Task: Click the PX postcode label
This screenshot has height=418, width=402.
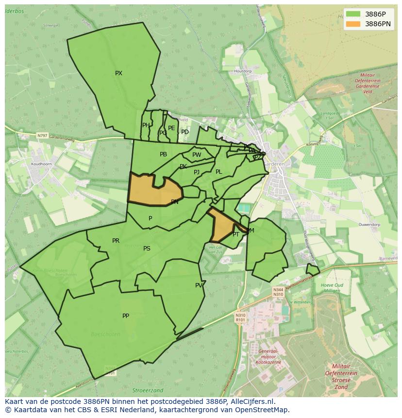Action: pos(118,73)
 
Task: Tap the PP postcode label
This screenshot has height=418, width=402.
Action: pos(126,316)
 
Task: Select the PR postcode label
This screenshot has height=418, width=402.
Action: pos(116,241)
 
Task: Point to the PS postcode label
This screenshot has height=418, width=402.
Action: pos(147,249)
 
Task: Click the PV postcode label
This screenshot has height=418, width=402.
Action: pos(199,285)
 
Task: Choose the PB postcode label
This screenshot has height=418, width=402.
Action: pos(163,154)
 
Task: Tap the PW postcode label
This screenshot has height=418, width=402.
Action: pos(197,155)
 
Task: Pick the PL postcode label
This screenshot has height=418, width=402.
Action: pos(218,172)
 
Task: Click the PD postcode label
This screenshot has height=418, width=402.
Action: pos(185,132)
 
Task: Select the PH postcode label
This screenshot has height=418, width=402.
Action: pos(146,125)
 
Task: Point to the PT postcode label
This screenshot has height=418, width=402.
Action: pos(236,234)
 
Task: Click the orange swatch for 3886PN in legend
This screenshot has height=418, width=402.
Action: pos(353,24)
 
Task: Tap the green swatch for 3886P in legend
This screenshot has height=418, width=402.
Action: pos(353,14)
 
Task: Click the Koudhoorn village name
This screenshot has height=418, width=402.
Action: pos(41,164)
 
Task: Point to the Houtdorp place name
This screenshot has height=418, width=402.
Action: pos(243,71)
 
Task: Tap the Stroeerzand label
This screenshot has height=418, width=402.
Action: pos(148,390)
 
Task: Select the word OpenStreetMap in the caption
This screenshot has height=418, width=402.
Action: pos(262,410)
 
